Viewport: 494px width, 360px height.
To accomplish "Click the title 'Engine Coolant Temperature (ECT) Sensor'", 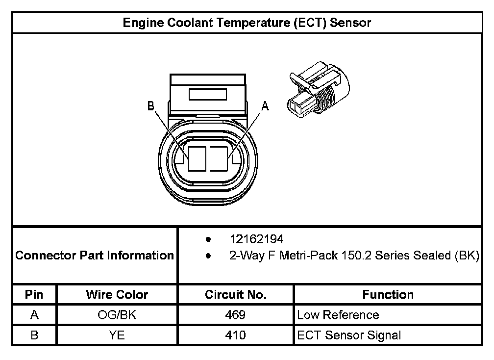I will point(247,23).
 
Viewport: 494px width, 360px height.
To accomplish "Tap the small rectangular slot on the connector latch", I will point(208,94).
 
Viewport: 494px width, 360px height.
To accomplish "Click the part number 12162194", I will point(257,239).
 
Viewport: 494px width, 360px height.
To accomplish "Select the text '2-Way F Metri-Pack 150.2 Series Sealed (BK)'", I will point(354,256).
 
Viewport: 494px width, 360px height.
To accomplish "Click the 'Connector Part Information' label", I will point(95,256).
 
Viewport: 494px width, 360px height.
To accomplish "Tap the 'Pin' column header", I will point(34,295).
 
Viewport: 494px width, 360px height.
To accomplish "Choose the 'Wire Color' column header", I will point(117,295).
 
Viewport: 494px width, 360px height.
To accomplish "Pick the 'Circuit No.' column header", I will point(236,295).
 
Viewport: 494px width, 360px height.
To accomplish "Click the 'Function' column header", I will point(388,295).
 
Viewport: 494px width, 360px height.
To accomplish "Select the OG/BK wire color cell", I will point(117,315).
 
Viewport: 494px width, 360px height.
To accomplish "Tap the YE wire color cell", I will point(117,335).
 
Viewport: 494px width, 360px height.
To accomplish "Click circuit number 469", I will point(236,315).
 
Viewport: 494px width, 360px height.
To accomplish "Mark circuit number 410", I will point(236,335).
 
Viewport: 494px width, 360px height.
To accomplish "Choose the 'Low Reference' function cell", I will point(338,315).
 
